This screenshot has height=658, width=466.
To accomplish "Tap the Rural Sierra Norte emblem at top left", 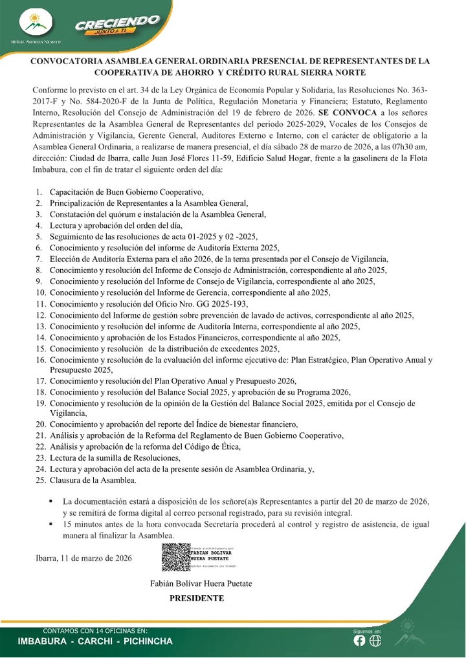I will pyautogui.click(x=36, y=23).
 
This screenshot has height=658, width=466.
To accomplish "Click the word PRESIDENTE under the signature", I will pyautogui.click(x=197, y=598).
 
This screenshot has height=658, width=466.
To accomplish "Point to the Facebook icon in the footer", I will pyautogui.click(x=360, y=641).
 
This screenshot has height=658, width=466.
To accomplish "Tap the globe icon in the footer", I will pyautogui.click(x=375, y=641).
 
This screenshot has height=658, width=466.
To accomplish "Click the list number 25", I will pyautogui.click(x=40, y=481).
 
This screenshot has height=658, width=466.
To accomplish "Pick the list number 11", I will pyautogui.click(x=40, y=303).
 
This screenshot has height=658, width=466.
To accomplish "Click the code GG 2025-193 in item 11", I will pyautogui.click(x=223, y=303).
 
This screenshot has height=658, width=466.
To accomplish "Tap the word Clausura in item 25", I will pyautogui.click(x=65, y=481).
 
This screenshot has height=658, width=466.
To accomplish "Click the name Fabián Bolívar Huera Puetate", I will pyautogui.click(x=201, y=584).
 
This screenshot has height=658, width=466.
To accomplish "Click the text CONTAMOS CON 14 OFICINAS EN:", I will pyautogui.click(x=94, y=630).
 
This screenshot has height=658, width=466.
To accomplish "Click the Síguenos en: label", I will pyautogui.click(x=367, y=630).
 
